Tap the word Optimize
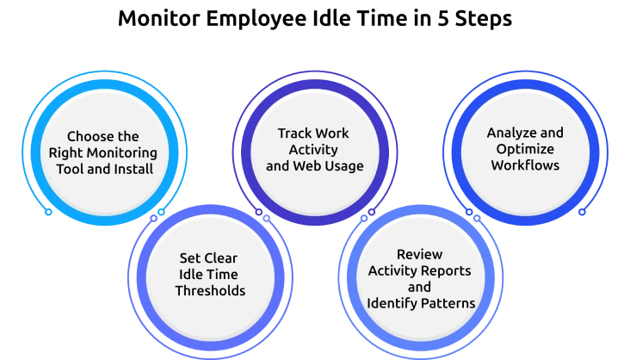pos(525,149)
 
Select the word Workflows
pos(525,165)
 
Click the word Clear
pos(220,258)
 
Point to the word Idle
pos(190,274)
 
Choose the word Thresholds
pos(210,290)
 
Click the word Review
pos(419,254)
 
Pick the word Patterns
pos(447,303)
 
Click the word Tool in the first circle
pos(71,169)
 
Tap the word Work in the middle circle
pos(331,133)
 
